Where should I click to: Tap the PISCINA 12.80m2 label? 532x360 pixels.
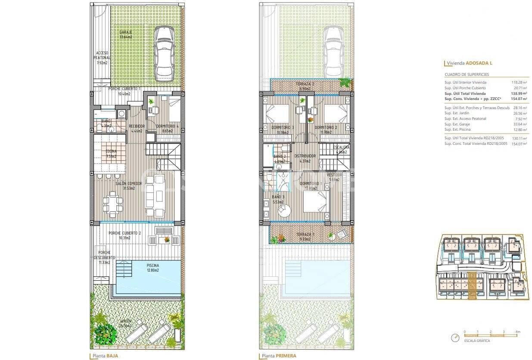152,268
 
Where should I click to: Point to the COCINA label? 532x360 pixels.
111,154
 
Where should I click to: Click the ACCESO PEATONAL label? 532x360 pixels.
102,58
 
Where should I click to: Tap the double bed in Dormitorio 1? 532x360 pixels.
316,201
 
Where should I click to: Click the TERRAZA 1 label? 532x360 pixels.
305,237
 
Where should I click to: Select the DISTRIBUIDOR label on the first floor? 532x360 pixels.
305,158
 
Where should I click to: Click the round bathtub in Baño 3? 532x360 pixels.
284,210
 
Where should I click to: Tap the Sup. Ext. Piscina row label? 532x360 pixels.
457,130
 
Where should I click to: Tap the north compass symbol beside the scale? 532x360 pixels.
455,338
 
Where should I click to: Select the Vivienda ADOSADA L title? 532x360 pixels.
470,63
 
